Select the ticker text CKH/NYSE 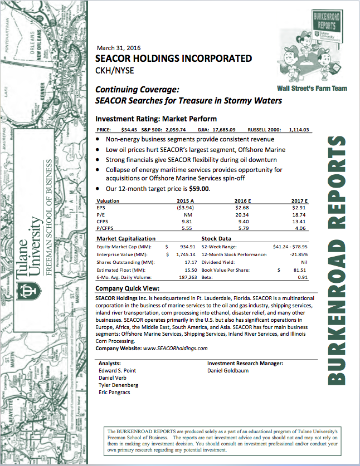click(114, 70)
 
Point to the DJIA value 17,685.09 click(224, 130)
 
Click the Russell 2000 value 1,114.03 click(299, 130)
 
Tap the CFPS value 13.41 click(301, 220)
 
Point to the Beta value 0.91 click(303, 277)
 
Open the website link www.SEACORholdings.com click(176, 347)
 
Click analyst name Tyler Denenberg click(118, 385)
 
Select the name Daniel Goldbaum click(228, 370)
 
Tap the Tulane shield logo click(26, 293)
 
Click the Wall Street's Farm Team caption click(311, 88)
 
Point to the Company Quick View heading click(128, 288)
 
